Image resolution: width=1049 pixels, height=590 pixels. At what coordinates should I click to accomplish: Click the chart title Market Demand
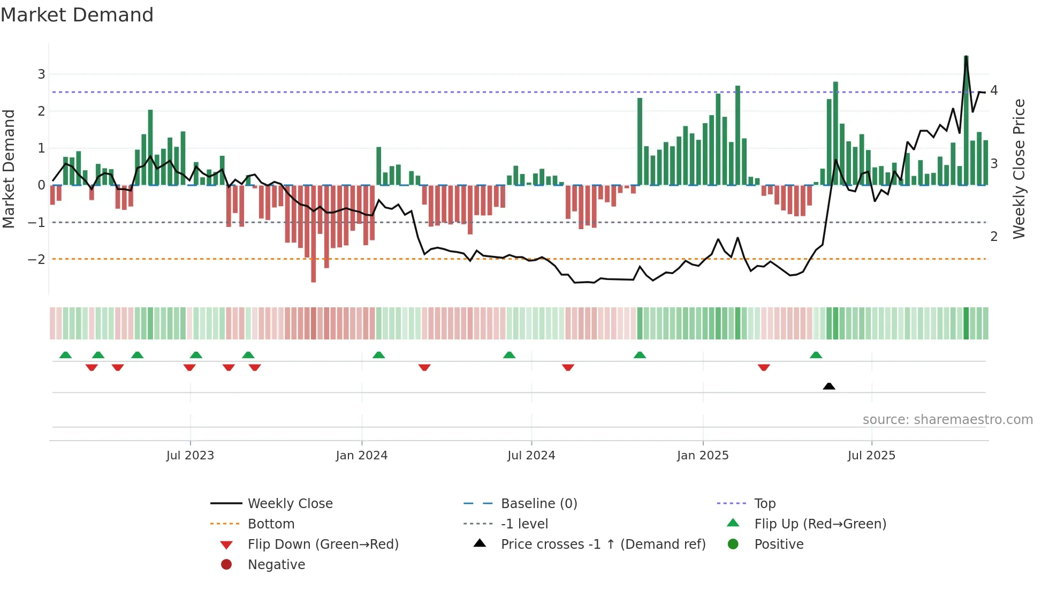pyautogui.click(x=77, y=15)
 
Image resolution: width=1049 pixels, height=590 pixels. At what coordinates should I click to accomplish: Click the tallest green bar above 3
pyautogui.click(x=966, y=120)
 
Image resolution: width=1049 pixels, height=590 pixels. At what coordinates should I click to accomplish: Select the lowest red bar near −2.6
pyautogui.click(x=313, y=234)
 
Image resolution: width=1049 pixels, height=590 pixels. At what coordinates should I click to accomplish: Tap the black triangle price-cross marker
pyautogui.click(x=829, y=386)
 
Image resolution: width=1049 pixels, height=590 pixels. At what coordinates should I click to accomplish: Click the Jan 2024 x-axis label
pyautogui.click(x=361, y=456)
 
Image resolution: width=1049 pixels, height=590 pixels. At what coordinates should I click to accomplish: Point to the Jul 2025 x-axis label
pyautogui.click(x=871, y=456)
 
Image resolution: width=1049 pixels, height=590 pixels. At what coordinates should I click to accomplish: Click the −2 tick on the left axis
pyautogui.click(x=36, y=259)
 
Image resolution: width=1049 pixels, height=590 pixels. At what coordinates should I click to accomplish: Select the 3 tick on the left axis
pyautogui.click(x=41, y=74)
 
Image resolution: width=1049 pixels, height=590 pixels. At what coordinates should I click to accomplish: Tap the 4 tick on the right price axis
pyautogui.click(x=994, y=90)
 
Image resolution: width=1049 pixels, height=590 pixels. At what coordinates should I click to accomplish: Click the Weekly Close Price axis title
pyautogui.click(x=1020, y=169)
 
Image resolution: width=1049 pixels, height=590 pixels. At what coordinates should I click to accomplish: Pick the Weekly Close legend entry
pyautogui.click(x=290, y=504)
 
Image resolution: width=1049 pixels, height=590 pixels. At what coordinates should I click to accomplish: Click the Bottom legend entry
pyautogui.click(x=271, y=524)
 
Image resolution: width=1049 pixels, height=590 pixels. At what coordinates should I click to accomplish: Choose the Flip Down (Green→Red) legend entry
pyautogui.click(x=323, y=544)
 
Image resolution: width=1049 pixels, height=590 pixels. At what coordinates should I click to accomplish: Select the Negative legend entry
pyautogui.click(x=276, y=565)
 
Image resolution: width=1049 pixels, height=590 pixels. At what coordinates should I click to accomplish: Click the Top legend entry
pyautogui.click(x=765, y=504)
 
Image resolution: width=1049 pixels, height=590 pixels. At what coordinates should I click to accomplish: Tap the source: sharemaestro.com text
pyautogui.click(x=947, y=420)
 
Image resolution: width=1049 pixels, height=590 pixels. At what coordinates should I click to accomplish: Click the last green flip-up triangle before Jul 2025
pyautogui.click(x=816, y=355)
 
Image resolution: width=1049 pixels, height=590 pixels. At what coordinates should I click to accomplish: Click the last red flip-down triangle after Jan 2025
pyautogui.click(x=764, y=367)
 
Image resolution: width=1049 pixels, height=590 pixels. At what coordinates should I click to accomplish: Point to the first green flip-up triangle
pyautogui.click(x=65, y=355)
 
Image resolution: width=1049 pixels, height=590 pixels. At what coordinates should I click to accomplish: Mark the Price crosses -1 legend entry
pyautogui.click(x=603, y=544)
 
